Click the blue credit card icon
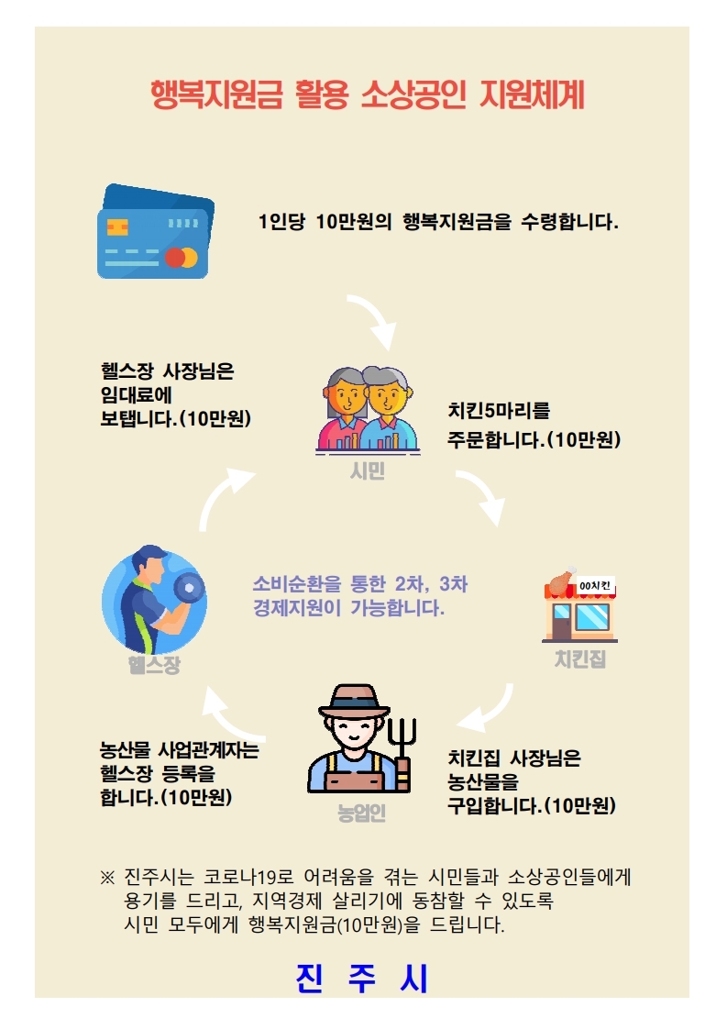(x=156, y=231)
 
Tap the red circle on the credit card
(x=174, y=258)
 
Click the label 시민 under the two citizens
(x=368, y=470)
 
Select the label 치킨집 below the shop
(x=580, y=658)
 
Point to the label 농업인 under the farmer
(x=361, y=813)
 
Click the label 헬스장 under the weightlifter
(x=154, y=665)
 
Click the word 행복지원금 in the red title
(x=216, y=95)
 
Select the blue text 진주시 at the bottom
(x=362, y=978)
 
